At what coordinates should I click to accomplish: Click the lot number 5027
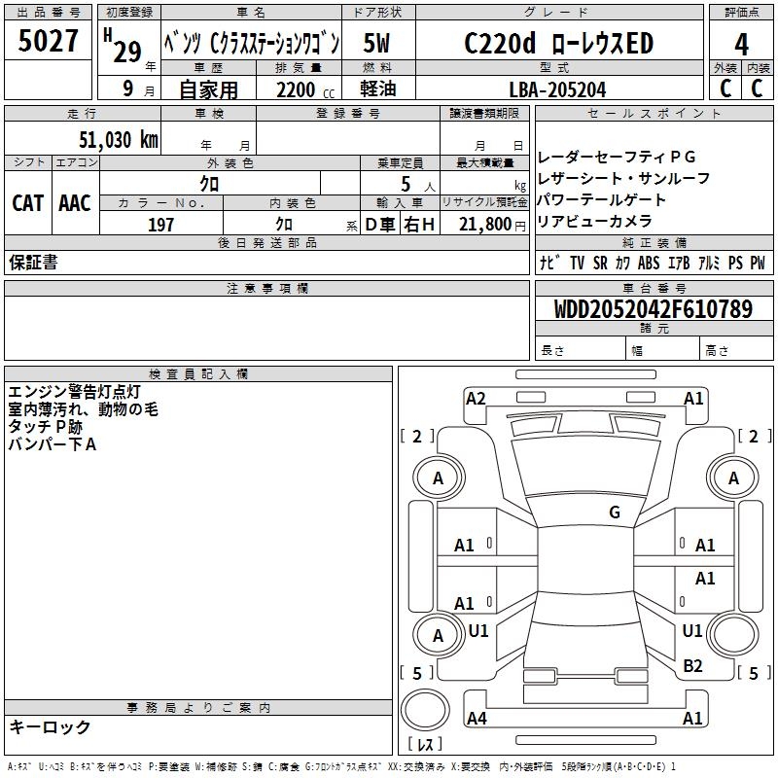pos(49,41)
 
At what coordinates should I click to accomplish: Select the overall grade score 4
pos(742,45)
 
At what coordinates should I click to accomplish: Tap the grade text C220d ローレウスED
pos(558,44)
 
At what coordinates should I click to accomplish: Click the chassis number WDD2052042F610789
pos(654,310)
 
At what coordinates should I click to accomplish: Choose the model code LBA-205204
pos(557,88)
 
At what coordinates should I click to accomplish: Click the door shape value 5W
pos(378,44)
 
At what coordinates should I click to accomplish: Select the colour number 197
pos(161,225)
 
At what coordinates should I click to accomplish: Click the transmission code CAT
pos(28,203)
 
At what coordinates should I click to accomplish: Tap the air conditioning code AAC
pos(75,203)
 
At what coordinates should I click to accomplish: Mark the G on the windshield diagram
pos(614,513)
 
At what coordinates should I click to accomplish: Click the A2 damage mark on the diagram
pos(476,398)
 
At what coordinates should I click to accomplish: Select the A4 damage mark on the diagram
pos(477,719)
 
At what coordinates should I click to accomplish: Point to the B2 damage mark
pos(692,665)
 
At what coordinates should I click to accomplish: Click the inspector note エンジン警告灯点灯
pos(75,392)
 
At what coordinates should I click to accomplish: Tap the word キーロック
pos(51,727)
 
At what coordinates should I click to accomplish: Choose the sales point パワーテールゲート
pos(602,200)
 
